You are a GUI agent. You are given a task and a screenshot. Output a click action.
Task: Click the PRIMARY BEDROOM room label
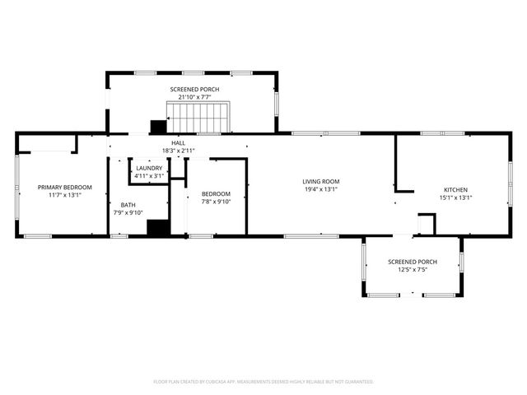tap(65, 188)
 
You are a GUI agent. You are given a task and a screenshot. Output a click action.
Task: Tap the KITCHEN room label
tap(455, 190)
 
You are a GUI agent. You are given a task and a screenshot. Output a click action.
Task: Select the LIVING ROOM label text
tap(321, 182)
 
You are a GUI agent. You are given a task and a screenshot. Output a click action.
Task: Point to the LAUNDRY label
tap(150, 169)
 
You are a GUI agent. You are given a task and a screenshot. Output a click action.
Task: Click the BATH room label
tap(128, 205)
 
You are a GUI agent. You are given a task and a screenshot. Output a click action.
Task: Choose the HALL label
tap(178, 143)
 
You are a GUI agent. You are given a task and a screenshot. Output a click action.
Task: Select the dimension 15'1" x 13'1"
tap(455, 197)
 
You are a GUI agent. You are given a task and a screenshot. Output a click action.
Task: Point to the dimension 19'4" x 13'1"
tap(321, 189)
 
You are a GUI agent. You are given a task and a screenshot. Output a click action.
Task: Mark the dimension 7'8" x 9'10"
tap(217, 202)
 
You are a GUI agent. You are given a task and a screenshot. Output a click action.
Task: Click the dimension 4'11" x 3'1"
tap(150, 175)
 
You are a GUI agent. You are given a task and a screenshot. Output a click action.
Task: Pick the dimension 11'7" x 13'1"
tap(65, 195)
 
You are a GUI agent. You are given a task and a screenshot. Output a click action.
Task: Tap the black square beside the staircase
tap(158, 128)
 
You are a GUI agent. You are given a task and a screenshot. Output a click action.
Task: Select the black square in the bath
tap(158, 228)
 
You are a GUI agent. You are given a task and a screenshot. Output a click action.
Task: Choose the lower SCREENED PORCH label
tap(413, 262)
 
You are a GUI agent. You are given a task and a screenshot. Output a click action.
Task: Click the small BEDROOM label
tap(217, 194)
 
